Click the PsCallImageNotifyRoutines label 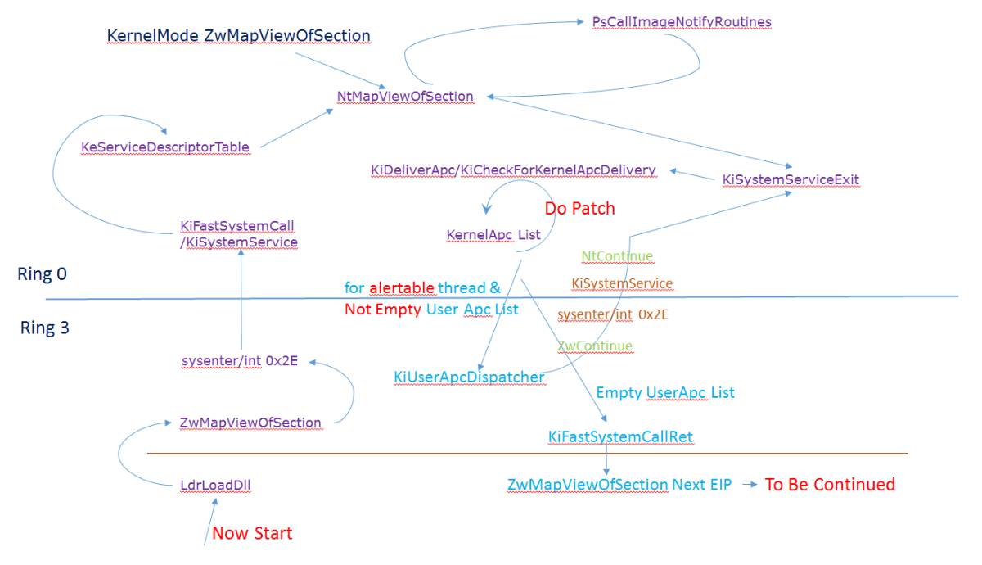(682, 22)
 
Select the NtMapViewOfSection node (405, 97)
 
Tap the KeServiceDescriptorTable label (164, 147)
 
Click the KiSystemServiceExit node (791, 179)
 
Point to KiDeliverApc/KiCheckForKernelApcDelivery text (513, 170)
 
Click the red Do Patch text (579, 209)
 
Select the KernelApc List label (493, 235)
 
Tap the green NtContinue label (617, 256)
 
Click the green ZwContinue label (595, 346)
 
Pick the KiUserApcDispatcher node (469, 377)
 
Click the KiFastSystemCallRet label (620, 436)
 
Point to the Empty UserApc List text (664, 393)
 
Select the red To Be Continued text (829, 485)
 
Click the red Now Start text (252, 534)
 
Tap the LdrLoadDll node (215, 485)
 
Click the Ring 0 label (42, 274)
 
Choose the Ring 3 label (44, 328)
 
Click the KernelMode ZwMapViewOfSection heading (238, 36)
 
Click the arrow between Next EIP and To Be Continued (746, 485)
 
